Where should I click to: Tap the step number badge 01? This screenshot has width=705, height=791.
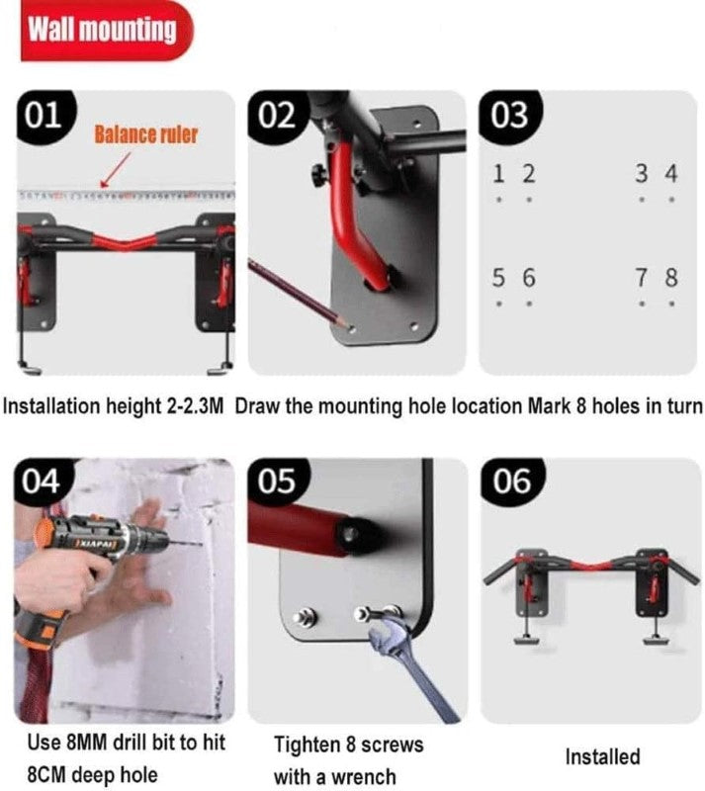click(x=42, y=115)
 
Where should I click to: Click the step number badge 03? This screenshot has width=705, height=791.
click(x=509, y=115)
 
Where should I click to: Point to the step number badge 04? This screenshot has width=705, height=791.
click(x=42, y=482)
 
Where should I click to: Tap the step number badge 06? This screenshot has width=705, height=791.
click(x=509, y=482)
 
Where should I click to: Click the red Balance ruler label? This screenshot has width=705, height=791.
click(x=145, y=134)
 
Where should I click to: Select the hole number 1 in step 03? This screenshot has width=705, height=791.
click(x=500, y=174)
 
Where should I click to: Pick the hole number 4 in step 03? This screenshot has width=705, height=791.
click(x=671, y=174)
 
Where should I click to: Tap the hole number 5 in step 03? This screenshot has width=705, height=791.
click(x=500, y=279)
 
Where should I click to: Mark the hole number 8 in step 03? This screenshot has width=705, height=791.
click(x=671, y=279)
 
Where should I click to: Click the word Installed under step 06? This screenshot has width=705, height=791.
click(x=602, y=757)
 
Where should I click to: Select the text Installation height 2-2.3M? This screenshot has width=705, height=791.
click(x=116, y=406)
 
